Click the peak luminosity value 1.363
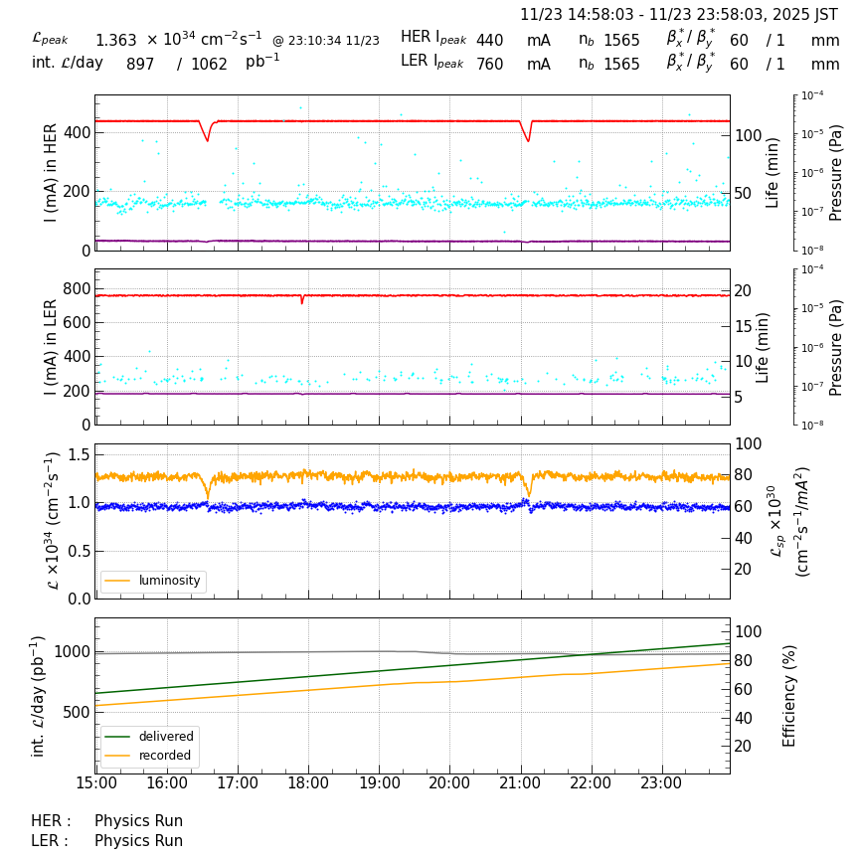[115, 41]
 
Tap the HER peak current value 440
[489, 41]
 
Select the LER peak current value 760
[489, 65]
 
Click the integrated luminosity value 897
[140, 65]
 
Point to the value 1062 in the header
[209, 65]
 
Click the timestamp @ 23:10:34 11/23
[325, 41]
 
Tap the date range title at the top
[679, 15]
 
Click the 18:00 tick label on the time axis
[308, 783]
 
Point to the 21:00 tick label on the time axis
[520, 783]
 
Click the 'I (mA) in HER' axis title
[51, 172]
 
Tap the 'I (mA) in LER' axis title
[51, 347]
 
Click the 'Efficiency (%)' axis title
[790, 695]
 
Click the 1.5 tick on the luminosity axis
[78, 455]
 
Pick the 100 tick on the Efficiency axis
[747, 631]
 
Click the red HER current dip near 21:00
[528, 139]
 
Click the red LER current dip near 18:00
[302, 300]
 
